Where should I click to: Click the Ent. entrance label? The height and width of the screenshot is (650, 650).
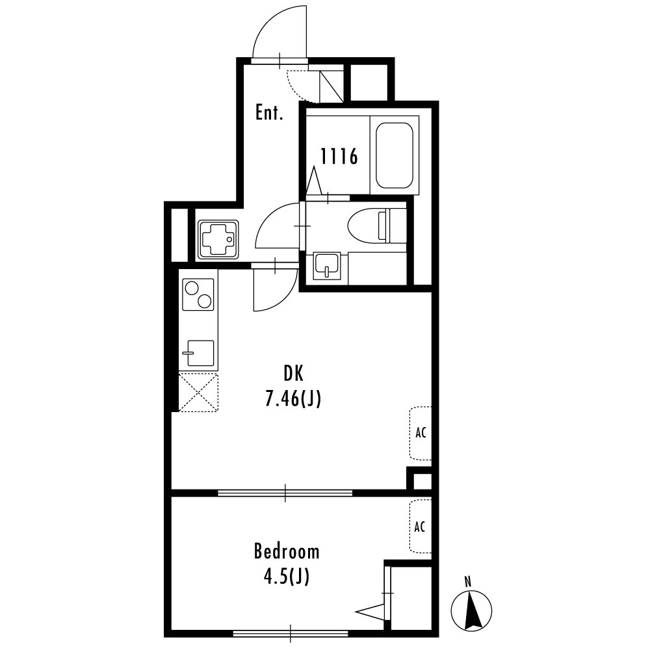pyautogui.click(x=269, y=112)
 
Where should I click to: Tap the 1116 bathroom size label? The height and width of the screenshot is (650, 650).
pyautogui.click(x=339, y=157)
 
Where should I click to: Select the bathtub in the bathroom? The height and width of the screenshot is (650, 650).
pyautogui.click(x=395, y=155)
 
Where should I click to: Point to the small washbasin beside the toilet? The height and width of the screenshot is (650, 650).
pyautogui.click(x=327, y=265)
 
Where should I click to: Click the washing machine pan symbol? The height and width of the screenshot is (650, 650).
pyautogui.click(x=218, y=240)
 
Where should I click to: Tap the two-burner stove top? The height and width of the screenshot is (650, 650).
pyautogui.click(x=198, y=294)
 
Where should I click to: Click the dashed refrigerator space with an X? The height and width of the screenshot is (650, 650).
pyautogui.click(x=198, y=392)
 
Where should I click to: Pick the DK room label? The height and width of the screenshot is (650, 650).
pyautogui.click(x=293, y=374)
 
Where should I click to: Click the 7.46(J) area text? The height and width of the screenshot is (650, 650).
pyautogui.click(x=293, y=399)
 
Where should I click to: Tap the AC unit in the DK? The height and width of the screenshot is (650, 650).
pyautogui.click(x=421, y=433)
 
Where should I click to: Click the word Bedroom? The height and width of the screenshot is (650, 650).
pyautogui.click(x=287, y=552)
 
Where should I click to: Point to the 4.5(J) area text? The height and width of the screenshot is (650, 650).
pyautogui.click(x=287, y=577)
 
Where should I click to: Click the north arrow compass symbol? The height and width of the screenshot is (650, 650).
pyautogui.click(x=471, y=610)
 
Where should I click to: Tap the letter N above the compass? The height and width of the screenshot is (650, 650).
pyautogui.click(x=468, y=582)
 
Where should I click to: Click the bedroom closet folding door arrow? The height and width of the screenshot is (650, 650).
pyautogui.click(x=370, y=612)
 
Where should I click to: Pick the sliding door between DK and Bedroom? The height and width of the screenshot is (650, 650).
pyautogui.click(x=285, y=493)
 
